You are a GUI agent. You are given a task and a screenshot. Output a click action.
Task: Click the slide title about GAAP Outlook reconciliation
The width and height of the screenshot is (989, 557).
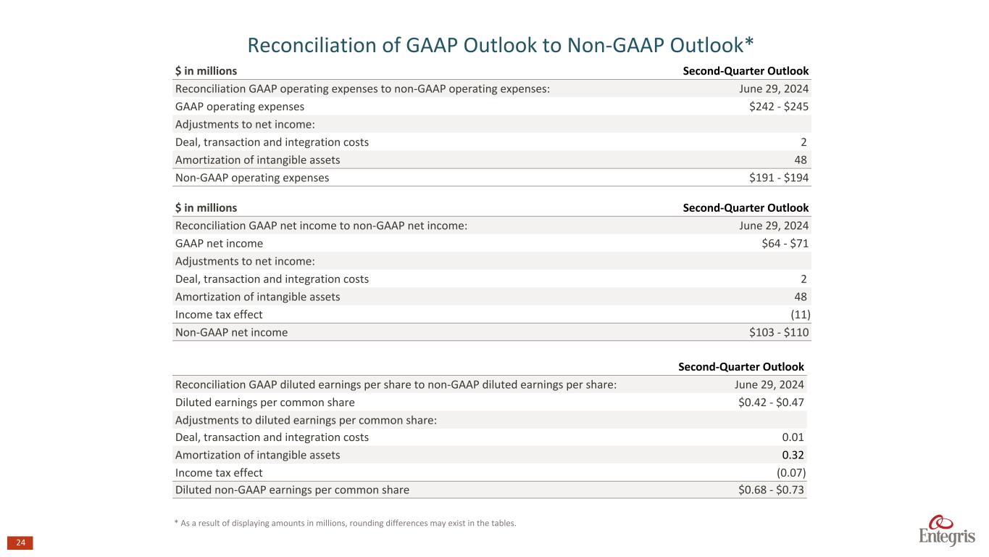pos(501,45)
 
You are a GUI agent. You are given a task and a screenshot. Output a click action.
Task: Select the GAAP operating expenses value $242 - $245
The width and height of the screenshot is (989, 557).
pos(779,107)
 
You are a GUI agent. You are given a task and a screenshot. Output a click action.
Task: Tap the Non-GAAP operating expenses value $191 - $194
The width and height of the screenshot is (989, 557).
pos(779,178)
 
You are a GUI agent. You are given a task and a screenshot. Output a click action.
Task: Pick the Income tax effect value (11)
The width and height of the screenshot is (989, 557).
pos(799,315)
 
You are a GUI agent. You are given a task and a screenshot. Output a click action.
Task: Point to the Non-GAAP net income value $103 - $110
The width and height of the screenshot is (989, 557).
pos(779,333)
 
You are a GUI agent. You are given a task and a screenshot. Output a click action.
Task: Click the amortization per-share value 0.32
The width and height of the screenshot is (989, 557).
pos(793,455)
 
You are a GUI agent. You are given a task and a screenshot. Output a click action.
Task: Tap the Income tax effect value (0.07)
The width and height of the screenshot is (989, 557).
pos(791,473)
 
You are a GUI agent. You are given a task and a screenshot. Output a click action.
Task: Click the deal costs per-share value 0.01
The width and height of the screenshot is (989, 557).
pos(793,437)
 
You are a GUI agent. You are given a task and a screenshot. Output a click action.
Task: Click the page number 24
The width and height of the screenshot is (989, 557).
pos(20,543)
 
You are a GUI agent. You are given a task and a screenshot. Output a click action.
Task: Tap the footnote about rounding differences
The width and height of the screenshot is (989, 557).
pos(346,524)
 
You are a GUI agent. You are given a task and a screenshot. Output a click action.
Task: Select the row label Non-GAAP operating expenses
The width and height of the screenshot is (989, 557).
pos(252,178)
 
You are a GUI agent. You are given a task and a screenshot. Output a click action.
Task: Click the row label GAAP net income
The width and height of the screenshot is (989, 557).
pos(219,244)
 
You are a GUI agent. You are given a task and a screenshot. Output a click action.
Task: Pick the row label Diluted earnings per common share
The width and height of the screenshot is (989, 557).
pos(265,403)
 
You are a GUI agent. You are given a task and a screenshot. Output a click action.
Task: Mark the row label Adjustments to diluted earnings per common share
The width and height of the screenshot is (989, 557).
pos(306,420)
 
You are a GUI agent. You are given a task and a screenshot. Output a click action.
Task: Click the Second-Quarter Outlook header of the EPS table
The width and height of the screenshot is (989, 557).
pos(740,367)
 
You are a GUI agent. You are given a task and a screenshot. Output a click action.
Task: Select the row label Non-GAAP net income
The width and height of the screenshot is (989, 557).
pos(231,333)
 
